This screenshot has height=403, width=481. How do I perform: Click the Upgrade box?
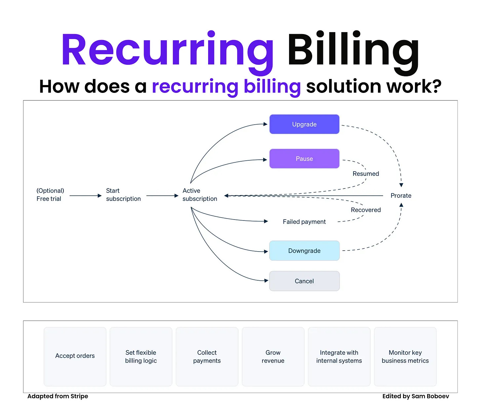tap(304, 124)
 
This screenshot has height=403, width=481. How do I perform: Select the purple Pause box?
tap(304, 159)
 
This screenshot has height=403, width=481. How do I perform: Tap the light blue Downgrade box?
tap(304, 251)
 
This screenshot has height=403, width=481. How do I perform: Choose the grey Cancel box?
tap(304, 281)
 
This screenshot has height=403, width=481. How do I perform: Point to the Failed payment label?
tap(304, 222)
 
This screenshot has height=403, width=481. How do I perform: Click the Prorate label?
tap(401, 196)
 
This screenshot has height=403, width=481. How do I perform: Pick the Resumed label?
tap(366, 174)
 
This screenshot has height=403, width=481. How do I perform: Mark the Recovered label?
tap(366, 210)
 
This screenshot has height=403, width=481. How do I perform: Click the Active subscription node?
tap(200, 195)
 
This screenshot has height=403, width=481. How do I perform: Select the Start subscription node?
tap(123, 195)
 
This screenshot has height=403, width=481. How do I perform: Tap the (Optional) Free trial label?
tap(50, 195)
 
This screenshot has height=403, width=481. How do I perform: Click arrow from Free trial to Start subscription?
tap(85, 196)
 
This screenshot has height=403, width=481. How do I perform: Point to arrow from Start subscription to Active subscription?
tap(162, 196)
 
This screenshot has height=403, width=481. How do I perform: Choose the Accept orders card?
tap(75, 356)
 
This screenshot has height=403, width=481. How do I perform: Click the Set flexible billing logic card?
tap(141, 356)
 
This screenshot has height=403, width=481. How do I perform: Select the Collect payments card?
tap(207, 356)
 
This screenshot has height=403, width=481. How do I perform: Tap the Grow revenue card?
tap(273, 356)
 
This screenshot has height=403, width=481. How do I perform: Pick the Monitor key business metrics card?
tap(405, 356)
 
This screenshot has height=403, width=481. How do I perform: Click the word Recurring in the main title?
tap(167, 50)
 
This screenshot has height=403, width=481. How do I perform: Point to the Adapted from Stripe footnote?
tap(58, 396)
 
